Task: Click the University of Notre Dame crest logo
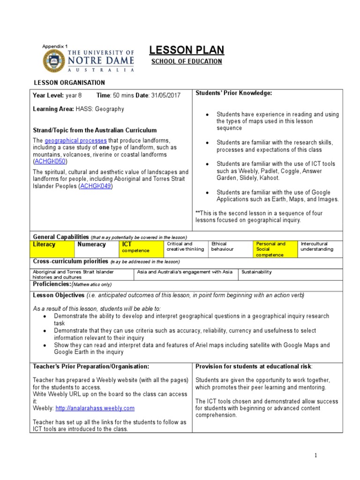point(55,61)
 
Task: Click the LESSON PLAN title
point(186,50)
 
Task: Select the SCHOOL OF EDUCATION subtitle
point(186,62)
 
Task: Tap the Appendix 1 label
point(55,46)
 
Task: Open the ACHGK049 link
point(96,186)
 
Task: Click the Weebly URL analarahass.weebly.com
point(95,408)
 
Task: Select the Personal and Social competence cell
point(275,249)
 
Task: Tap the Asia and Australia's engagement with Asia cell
point(186,272)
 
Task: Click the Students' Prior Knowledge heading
point(233,93)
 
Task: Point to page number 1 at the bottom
point(316,455)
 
